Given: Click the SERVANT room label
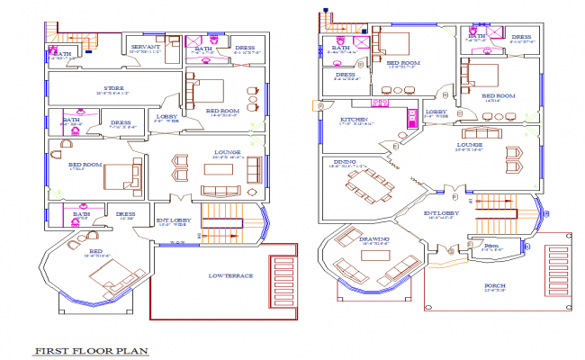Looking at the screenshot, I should tap(145, 46).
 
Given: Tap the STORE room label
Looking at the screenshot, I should tap(106, 88).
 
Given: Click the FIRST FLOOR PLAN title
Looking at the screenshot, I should tap(91, 350).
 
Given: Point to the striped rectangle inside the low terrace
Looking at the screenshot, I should tap(282, 280).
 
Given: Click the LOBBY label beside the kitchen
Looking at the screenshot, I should tap(435, 113).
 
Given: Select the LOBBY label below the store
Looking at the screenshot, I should tap(166, 117).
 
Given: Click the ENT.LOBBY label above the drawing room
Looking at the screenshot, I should tap(441, 214).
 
